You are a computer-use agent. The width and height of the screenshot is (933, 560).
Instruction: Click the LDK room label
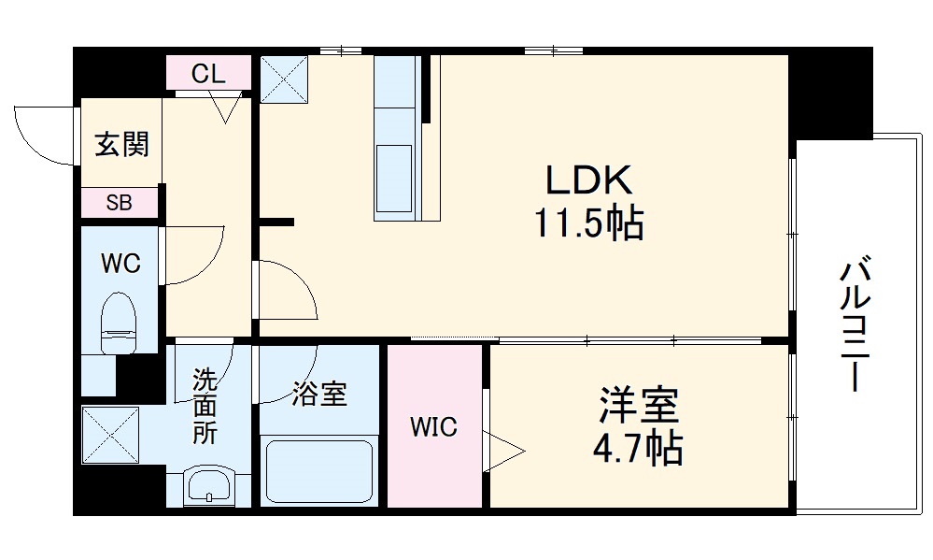tap(588, 178)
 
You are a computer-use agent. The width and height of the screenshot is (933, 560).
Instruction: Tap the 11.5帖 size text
tap(588, 223)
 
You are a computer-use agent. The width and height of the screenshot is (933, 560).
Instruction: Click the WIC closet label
tap(434, 427)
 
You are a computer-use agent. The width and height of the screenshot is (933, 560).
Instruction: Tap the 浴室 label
tap(318, 395)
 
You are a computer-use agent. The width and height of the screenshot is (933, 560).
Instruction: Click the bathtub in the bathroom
tap(318, 471)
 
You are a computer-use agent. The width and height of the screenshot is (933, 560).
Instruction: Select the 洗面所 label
tap(205, 406)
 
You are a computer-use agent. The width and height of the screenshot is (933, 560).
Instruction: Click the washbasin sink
tap(209, 485)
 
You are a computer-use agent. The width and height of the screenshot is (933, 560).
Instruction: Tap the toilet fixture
tap(119, 322)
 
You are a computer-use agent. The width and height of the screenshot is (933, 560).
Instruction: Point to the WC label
tap(120, 264)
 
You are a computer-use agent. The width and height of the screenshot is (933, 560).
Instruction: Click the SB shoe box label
tap(119, 202)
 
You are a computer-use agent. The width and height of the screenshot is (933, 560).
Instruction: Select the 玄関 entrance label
tap(121, 145)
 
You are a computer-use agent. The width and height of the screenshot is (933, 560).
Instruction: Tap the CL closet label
tap(208, 74)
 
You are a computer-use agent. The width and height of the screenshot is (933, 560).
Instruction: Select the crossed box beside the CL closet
tap(285, 78)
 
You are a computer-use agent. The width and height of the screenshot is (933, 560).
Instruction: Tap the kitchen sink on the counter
tap(393, 168)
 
